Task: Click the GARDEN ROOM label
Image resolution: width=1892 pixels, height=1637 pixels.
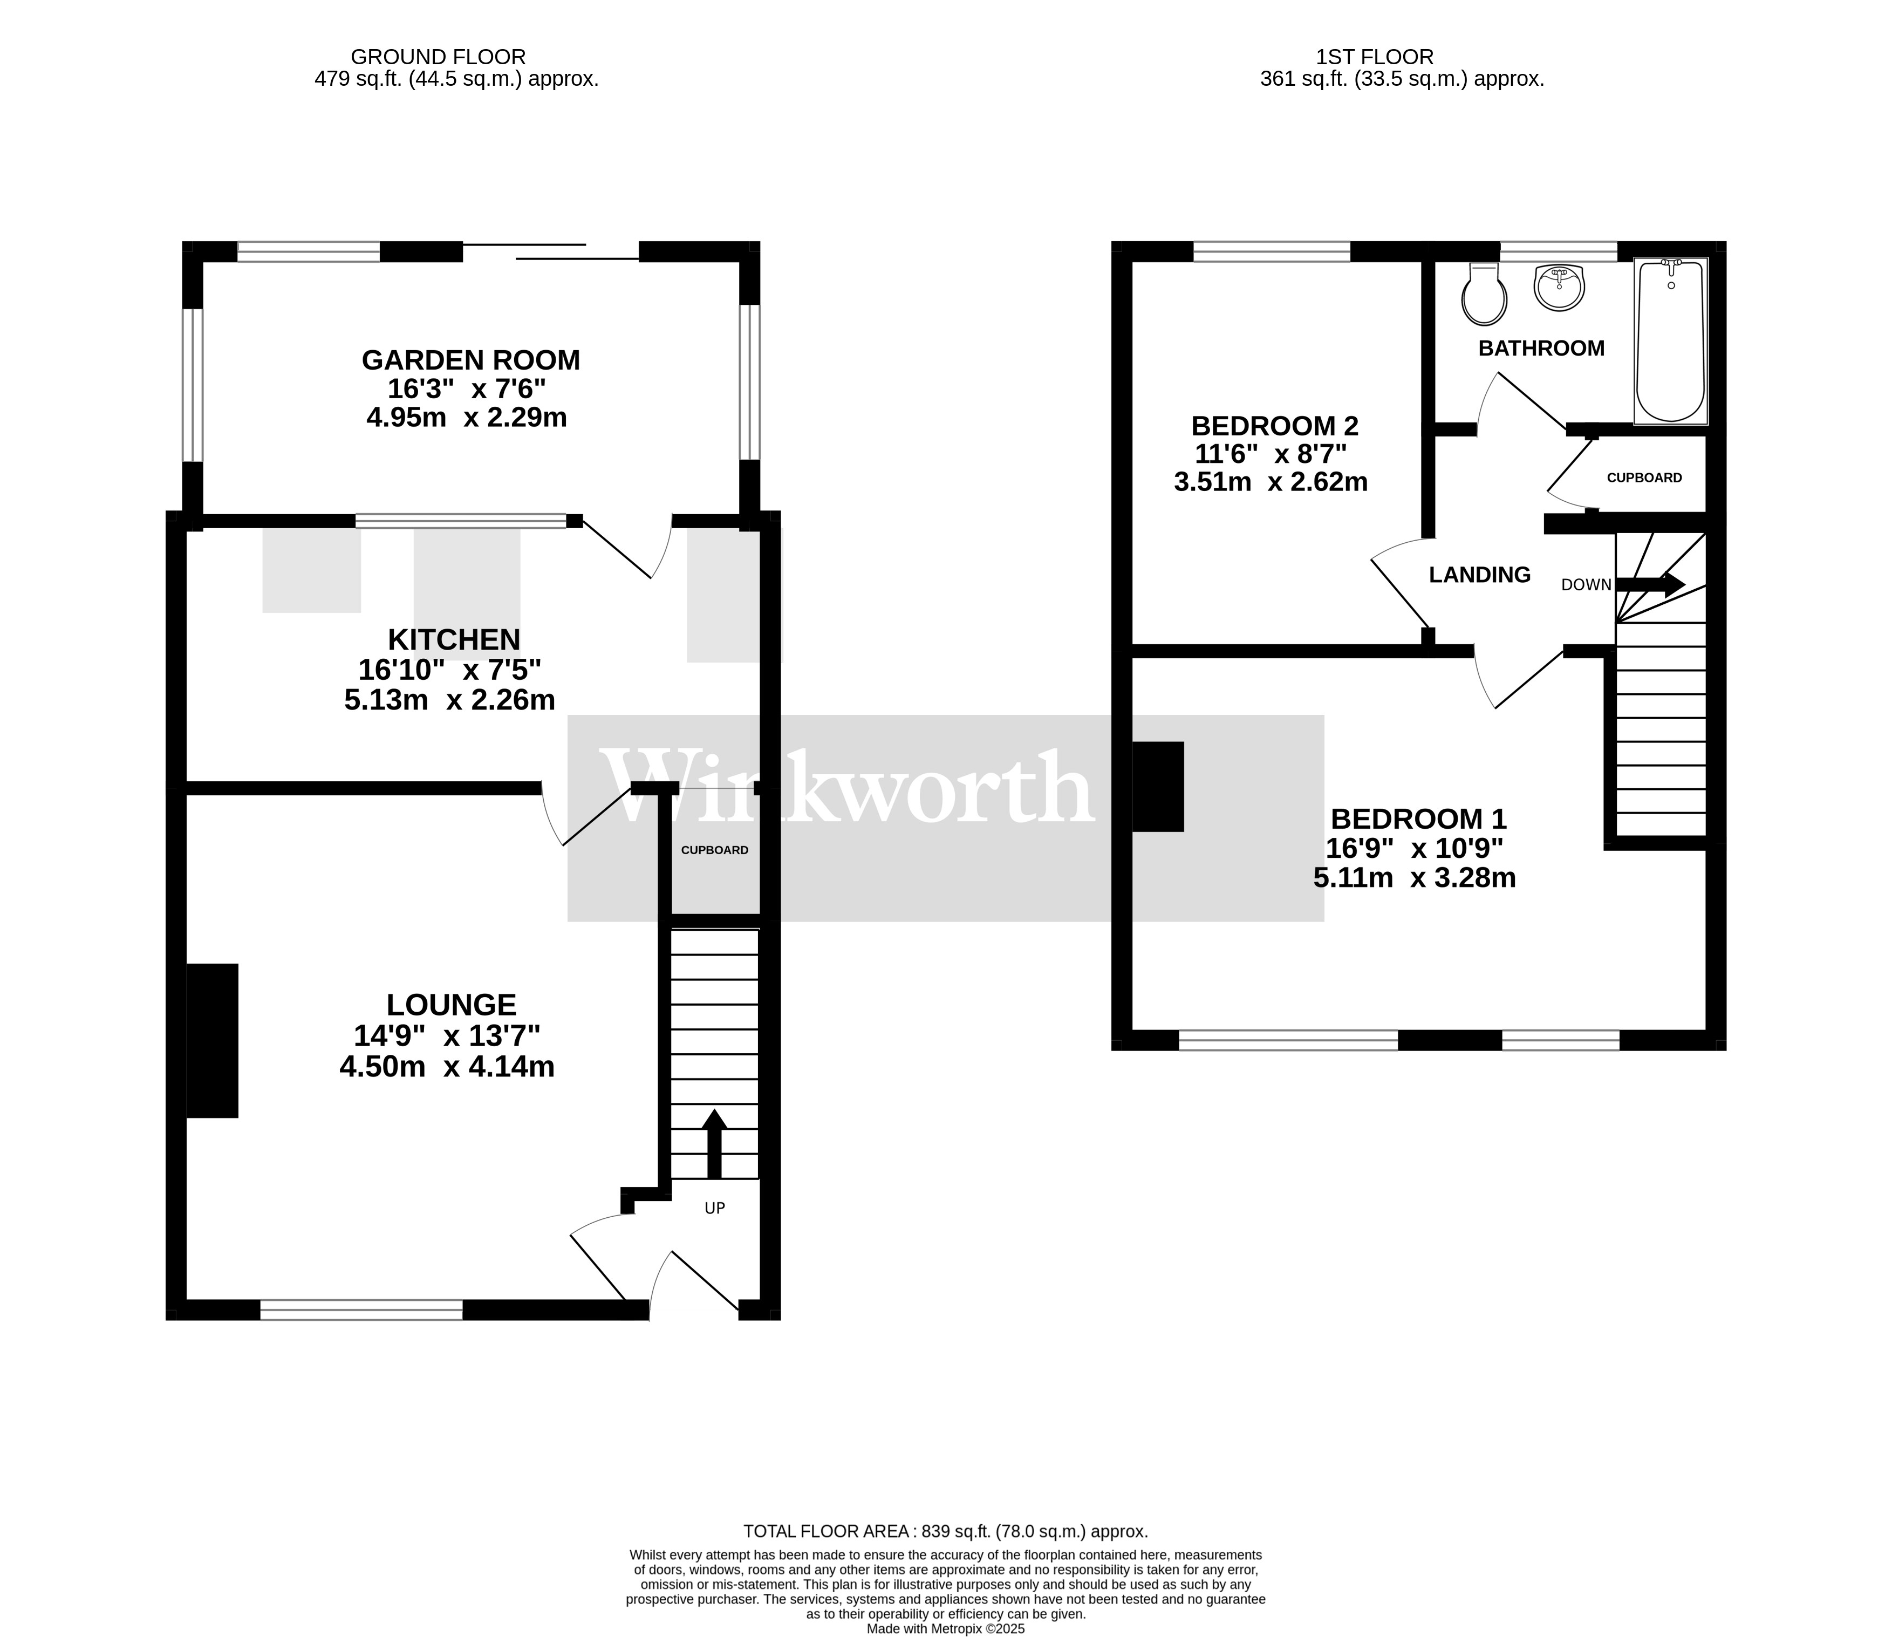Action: click(470, 360)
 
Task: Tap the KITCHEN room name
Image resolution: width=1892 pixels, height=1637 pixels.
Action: click(454, 639)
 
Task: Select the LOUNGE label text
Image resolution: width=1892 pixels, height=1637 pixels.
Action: click(452, 1005)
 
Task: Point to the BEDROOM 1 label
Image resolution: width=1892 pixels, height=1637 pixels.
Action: click(1418, 818)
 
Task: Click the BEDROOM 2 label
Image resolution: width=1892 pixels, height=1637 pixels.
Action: click(1274, 426)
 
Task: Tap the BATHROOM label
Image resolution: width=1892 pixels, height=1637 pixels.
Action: click(1541, 348)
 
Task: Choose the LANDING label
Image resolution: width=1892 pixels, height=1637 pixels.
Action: click(1479, 575)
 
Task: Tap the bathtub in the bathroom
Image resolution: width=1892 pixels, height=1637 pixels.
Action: click(1670, 341)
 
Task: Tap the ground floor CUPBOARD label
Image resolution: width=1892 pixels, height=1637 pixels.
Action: click(714, 850)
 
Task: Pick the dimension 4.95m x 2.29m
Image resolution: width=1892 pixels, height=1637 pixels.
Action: click(466, 418)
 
